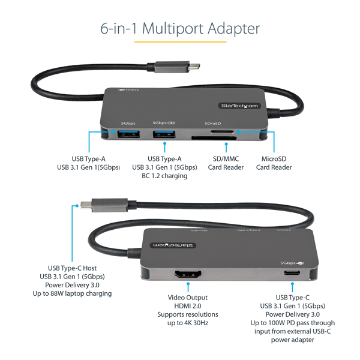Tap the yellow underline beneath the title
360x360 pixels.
coord(180,42)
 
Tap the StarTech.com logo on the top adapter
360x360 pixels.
coord(239,106)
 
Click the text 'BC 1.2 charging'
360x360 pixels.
coord(164,176)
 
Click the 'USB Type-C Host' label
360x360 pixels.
coord(72,268)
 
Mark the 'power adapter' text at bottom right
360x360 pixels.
coord(293,340)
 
